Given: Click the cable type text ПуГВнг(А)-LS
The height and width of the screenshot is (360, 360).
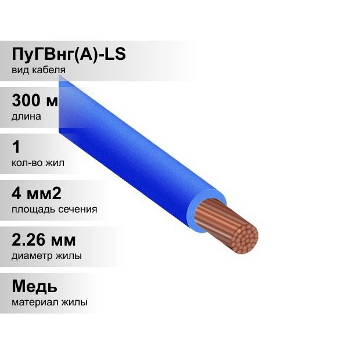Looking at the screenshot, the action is pos(69,55).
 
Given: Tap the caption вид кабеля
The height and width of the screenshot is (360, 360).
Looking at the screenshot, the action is pos(38,70).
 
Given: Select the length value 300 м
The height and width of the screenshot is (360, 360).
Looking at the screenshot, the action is pos(35,100).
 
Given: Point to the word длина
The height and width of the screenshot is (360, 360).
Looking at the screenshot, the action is pos(26,117).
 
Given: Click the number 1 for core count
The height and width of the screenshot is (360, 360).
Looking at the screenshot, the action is pos(16,147).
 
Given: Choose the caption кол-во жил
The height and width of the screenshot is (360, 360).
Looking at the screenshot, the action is pos(38,163).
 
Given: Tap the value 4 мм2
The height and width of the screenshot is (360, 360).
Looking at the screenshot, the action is pos(37,193).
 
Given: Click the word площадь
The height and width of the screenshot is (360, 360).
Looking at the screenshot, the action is pos(34,210).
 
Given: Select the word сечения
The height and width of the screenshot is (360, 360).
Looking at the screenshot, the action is pos(78,210).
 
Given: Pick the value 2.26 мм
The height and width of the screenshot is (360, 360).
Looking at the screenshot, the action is pos(44,240).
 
